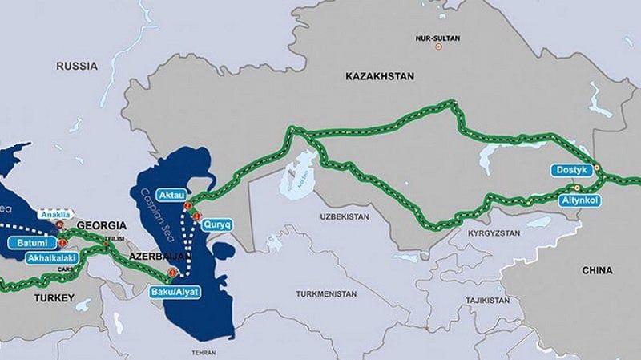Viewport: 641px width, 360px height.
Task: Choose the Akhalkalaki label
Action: tap(50, 259)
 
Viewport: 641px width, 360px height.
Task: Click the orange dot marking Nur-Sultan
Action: tap(437, 47)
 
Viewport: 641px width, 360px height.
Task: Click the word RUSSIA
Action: tap(76, 67)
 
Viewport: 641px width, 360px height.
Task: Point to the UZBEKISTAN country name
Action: tap(343, 216)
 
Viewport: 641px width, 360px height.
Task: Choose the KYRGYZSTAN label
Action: tap(479, 230)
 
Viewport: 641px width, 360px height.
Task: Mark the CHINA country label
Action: tap(598, 270)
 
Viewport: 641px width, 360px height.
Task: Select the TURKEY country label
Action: tap(53, 298)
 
